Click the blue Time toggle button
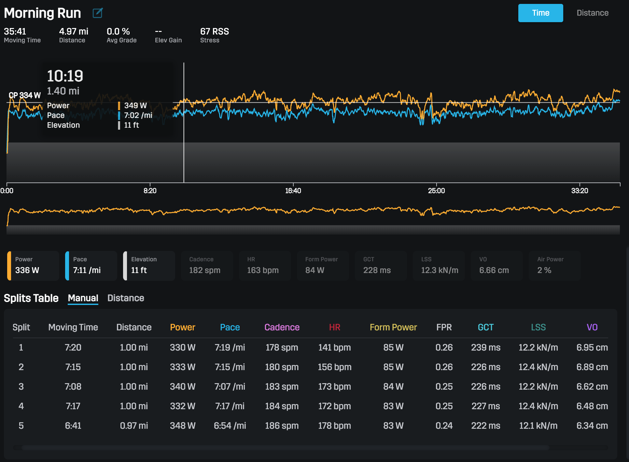coord(540,13)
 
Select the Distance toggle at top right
coord(592,13)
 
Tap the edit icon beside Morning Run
coord(97,13)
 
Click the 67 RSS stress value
coord(214,32)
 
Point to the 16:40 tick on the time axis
coord(293,191)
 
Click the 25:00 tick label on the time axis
coord(436,191)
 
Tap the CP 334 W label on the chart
coord(24,95)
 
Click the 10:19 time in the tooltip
coord(65,76)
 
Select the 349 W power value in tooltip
coord(135,106)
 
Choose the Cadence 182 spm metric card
coord(207,266)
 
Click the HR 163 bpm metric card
coord(265,266)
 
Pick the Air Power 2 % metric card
coord(554,266)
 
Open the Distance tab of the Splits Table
coord(126,298)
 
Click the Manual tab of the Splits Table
coord(83,298)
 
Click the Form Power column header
coord(393,327)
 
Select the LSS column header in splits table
coord(538,327)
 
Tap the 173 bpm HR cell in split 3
coord(334,386)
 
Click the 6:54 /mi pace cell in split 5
coord(230,426)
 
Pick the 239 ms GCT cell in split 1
coord(485,347)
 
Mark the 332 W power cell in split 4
coord(182,406)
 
